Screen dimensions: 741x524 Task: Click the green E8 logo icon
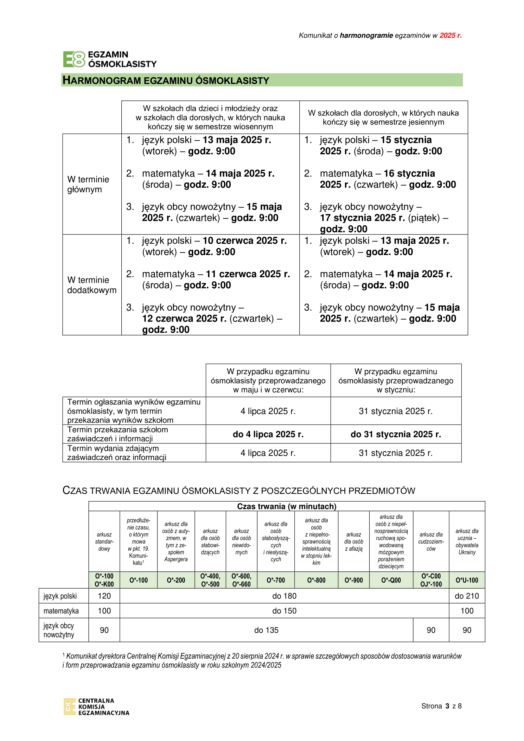[74, 59]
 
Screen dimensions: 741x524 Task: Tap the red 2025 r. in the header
[451, 35]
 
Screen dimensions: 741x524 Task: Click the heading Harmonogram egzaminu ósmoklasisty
[166, 80]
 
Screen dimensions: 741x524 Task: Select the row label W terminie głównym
[88, 184]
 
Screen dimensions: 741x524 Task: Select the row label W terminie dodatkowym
[92, 285]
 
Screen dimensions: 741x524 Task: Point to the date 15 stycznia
[406, 140]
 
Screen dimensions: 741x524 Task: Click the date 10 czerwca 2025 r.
[245, 241]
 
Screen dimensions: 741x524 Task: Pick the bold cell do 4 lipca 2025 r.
[268, 434]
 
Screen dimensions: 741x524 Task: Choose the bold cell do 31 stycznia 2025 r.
[396, 434]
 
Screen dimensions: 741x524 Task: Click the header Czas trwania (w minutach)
[286, 506]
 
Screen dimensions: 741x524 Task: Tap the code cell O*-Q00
[391, 580]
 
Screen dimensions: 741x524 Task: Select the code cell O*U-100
[467, 580]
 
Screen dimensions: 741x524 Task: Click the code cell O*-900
[354, 580]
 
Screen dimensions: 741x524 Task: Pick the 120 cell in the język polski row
[104, 596]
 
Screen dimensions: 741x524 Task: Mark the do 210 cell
[467, 596]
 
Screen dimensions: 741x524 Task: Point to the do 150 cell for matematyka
[284, 611]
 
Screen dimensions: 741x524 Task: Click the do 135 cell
[266, 630]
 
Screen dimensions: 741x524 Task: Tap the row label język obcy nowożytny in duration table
[59, 630]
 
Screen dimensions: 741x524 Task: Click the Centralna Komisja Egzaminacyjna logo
[96, 707]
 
